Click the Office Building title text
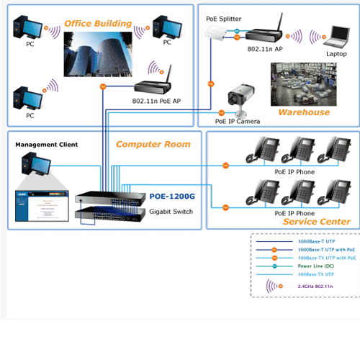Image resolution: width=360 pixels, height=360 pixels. [98, 24]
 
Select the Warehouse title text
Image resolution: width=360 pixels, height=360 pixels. [304, 112]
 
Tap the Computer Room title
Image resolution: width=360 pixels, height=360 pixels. [153, 144]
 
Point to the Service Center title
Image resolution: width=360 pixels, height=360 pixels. [317, 222]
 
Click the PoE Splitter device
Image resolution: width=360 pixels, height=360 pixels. [216, 32]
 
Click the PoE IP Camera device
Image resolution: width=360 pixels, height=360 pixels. [236, 98]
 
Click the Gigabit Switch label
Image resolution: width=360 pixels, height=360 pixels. [172, 211]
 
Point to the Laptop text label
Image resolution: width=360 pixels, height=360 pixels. [336, 54]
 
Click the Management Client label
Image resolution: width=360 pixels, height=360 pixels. [46, 144]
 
